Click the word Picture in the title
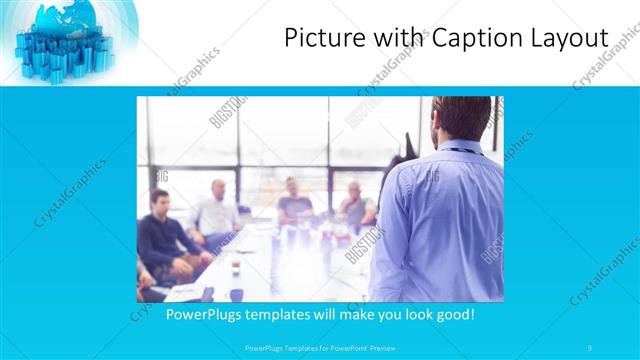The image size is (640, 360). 318,38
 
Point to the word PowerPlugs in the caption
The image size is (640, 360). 203,315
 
